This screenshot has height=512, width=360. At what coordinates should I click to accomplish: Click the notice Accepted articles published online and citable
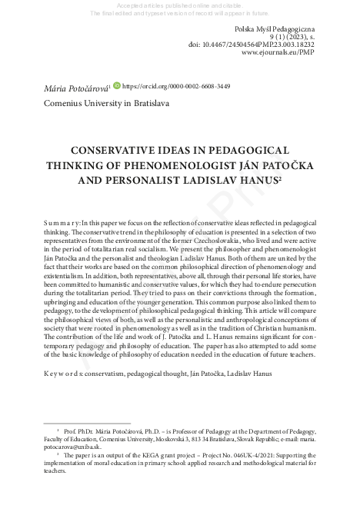click(x=182, y=5)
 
